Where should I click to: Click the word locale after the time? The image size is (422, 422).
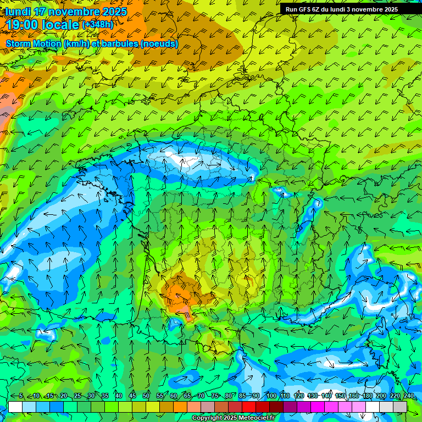59,25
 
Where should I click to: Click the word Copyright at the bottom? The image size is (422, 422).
207,418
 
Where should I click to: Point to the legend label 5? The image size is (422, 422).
21,396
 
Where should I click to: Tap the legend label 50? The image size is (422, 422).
146,396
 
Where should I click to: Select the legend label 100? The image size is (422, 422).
271,396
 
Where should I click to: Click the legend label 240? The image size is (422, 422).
409,396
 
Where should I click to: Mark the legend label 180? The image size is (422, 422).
368,396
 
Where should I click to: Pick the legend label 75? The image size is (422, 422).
215,396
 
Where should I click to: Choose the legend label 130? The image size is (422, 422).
313,396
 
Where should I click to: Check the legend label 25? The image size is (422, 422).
77,396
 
